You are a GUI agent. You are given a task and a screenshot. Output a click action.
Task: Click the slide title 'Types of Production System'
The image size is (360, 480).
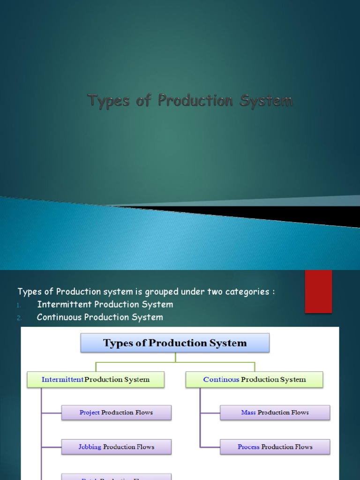click(190, 100)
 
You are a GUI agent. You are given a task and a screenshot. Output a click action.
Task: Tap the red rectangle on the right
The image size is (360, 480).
click(318, 291)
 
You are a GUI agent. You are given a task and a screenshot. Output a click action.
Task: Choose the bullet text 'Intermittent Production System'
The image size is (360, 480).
click(105, 305)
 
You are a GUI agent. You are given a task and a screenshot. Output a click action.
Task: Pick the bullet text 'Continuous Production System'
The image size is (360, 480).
click(100, 317)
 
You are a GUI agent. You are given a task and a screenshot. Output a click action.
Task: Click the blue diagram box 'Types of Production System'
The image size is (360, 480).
click(175, 343)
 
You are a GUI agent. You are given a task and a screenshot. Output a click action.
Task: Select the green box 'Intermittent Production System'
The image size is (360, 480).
click(96, 380)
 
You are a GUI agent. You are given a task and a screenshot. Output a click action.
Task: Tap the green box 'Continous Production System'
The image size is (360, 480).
click(254, 380)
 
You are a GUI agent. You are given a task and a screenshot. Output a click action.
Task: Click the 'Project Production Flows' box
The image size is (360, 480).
click(116, 412)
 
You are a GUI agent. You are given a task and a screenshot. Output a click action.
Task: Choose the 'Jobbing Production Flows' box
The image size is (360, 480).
click(116, 447)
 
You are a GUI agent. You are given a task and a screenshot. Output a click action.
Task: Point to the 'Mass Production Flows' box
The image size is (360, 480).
click(275, 412)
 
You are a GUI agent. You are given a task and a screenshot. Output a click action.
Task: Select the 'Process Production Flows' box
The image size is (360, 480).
click(275, 447)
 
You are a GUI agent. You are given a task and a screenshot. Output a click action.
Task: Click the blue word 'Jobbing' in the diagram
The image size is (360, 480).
click(90, 447)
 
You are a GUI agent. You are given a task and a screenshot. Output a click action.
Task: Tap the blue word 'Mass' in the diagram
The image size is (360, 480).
click(248, 412)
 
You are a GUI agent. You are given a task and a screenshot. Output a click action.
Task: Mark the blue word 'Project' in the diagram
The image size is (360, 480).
click(90, 412)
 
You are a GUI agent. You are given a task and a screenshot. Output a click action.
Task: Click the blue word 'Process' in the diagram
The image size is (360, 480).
click(248, 447)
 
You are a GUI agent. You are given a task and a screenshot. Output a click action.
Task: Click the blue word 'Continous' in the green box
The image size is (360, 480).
click(221, 380)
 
